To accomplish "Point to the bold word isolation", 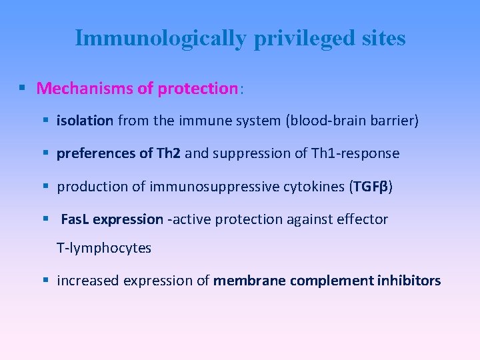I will tap(85, 121).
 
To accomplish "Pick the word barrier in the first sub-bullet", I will tap(391, 121).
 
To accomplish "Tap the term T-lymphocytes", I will tap(104, 248).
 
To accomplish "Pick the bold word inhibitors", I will tap(408, 281).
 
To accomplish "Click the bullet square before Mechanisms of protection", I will tap(23, 88).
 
